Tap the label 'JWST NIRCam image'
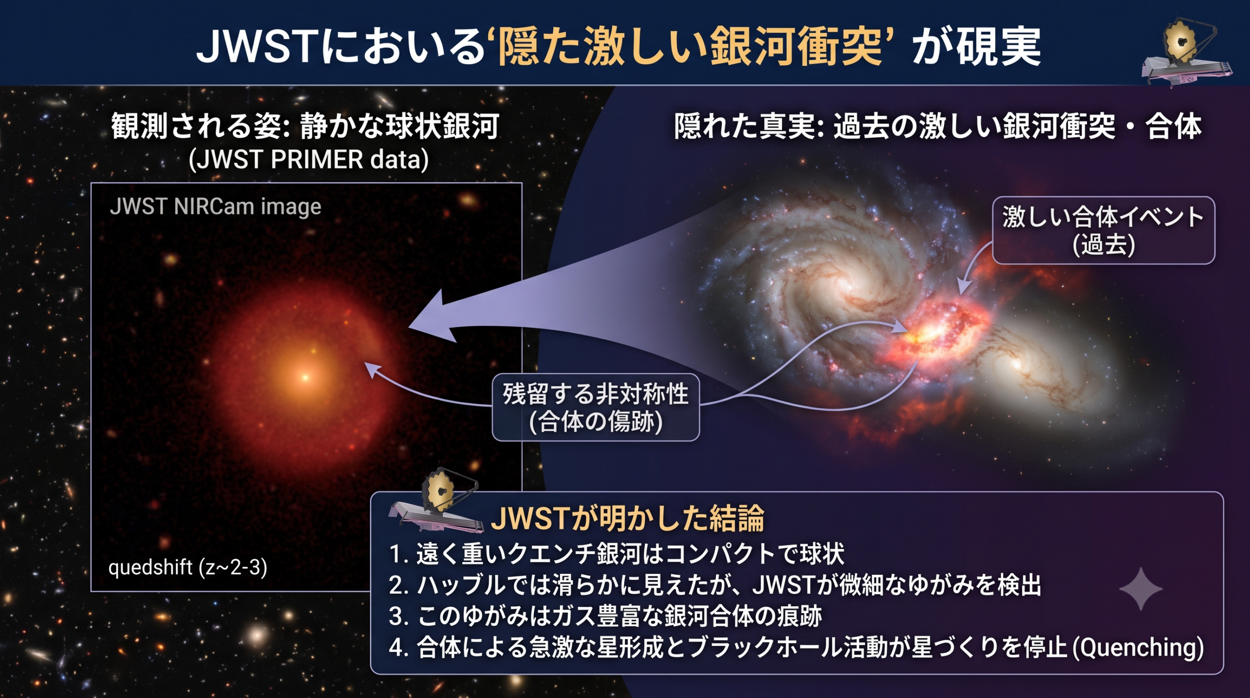(215, 207)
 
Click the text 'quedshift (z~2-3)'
(187, 568)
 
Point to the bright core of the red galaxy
(306, 377)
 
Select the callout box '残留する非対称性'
(596, 407)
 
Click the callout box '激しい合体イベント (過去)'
(1104, 230)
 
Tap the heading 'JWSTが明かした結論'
(627, 519)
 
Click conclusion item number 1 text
(617, 554)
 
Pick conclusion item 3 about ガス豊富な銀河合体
(605, 616)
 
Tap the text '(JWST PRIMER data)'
(309, 160)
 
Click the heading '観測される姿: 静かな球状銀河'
(305, 126)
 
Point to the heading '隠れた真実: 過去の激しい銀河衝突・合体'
(937, 126)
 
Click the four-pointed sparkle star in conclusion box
(1141, 589)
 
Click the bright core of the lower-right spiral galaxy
(1017, 364)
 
